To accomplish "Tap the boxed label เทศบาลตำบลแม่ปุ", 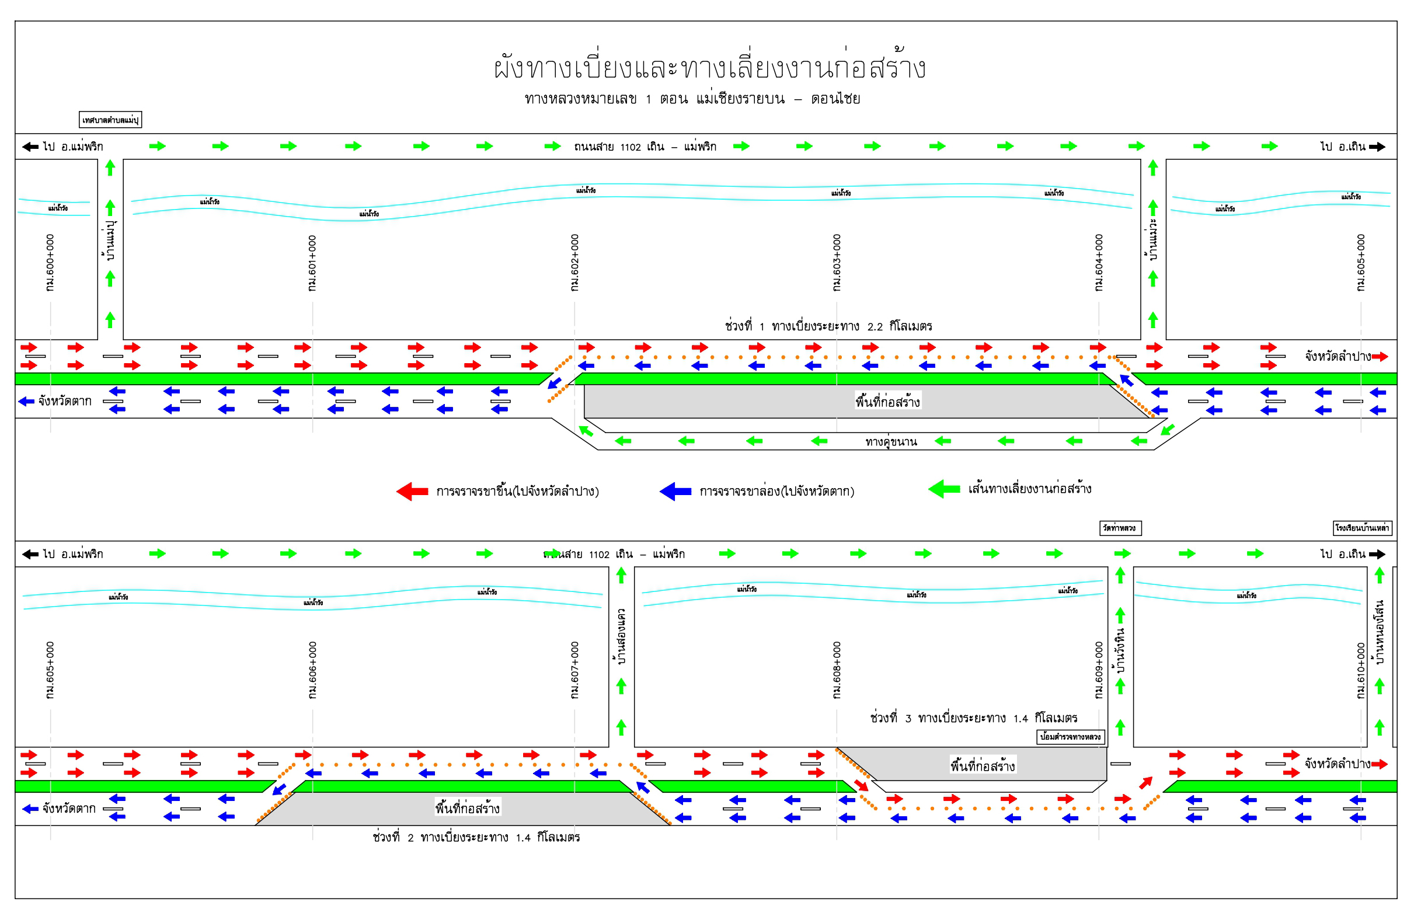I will (110, 120).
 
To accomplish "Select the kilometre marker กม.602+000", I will (574, 263).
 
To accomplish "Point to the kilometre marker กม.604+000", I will (1099, 263).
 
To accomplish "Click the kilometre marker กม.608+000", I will (837, 670).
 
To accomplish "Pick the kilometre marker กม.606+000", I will (312, 670).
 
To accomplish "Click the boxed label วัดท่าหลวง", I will (1119, 528).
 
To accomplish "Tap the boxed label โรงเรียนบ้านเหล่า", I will (1361, 528).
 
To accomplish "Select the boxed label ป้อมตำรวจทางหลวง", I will (1071, 737).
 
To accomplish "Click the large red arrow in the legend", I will (412, 491).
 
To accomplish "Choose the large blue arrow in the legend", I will (675, 491).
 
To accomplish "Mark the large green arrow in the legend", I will (944, 489).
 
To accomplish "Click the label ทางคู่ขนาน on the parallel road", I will (890, 441).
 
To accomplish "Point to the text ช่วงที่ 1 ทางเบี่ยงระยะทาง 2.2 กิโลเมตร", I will (828, 326).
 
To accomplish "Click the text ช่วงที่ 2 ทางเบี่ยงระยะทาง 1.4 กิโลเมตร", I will (476, 837).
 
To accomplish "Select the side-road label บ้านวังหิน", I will (1120, 650).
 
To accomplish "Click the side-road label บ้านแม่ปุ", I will (110, 241).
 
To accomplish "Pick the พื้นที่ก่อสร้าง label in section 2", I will (468, 808).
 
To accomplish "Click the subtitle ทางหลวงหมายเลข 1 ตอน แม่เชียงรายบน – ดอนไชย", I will (692, 99).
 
